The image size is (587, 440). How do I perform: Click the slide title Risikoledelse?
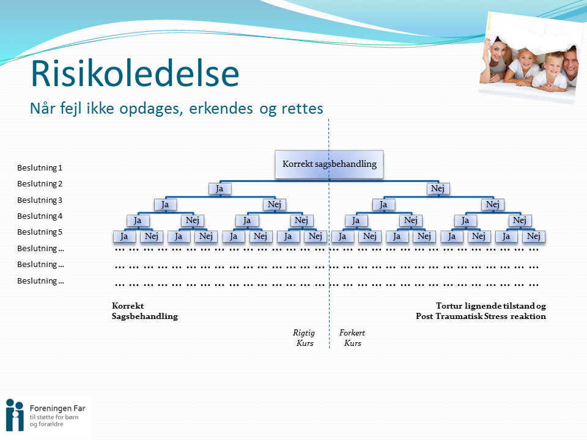(135, 73)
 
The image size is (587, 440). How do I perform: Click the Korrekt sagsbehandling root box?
(329, 164)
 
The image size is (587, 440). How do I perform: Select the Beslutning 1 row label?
(40, 167)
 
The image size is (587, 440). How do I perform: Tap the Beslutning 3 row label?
(40, 200)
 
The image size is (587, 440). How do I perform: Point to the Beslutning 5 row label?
(40, 232)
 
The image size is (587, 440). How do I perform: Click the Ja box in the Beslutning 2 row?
(220, 189)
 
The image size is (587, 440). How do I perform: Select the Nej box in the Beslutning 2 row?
(438, 189)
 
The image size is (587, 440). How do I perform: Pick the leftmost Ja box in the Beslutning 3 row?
(165, 205)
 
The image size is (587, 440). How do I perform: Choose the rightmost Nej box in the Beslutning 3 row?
(493, 205)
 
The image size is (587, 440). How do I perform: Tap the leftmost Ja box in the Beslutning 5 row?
(124, 237)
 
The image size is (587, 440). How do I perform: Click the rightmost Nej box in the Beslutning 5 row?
(533, 237)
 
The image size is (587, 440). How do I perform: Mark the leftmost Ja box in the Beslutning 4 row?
(138, 221)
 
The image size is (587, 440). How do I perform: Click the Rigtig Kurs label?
(304, 338)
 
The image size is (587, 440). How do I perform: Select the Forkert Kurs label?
(352, 338)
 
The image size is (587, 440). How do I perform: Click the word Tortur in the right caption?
(449, 306)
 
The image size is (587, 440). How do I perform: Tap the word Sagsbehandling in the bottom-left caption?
(145, 317)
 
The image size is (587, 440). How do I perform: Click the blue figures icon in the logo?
(15, 415)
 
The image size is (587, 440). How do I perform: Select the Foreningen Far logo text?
(57, 408)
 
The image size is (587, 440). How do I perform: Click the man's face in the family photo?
(570, 62)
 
